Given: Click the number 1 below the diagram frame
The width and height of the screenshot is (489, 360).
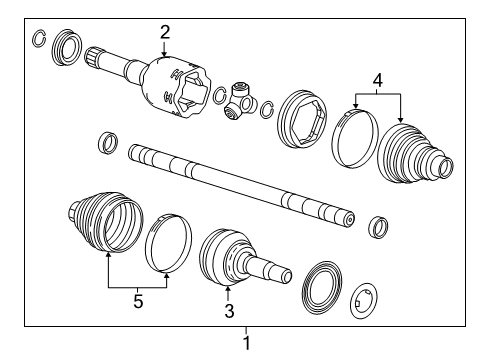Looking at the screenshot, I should click(247, 343).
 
